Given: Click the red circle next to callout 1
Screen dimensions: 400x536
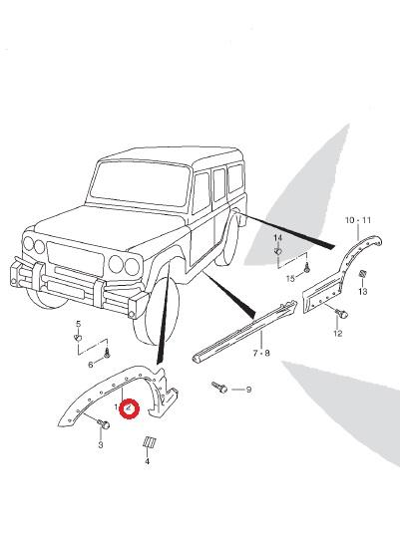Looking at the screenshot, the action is click(x=130, y=408).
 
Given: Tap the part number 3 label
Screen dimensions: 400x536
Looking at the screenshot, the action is click(x=101, y=444).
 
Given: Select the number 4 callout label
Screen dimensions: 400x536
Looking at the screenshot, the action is click(x=148, y=461).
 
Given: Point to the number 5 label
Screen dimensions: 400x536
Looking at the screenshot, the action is click(x=79, y=324).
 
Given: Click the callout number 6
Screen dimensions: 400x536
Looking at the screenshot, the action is click(x=91, y=365).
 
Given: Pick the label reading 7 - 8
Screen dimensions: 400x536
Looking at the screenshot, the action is click(x=261, y=353).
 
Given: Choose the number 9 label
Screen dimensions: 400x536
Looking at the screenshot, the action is click(x=248, y=390).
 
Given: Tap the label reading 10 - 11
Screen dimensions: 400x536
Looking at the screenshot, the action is click(x=358, y=220).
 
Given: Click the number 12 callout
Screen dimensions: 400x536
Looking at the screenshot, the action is click(x=338, y=334).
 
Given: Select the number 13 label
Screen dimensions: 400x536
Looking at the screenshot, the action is click(x=363, y=291).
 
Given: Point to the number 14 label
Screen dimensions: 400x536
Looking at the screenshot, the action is click(x=278, y=237).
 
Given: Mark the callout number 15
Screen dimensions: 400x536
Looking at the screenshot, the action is click(x=290, y=279).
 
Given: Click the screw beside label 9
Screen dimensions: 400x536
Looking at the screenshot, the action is click(x=219, y=388).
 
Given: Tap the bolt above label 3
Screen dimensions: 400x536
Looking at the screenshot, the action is click(x=104, y=424).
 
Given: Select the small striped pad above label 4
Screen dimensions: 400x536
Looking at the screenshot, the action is click(x=149, y=442).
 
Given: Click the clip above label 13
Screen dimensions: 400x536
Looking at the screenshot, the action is click(x=362, y=274).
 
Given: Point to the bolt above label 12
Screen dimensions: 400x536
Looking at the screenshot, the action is click(x=341, y=313).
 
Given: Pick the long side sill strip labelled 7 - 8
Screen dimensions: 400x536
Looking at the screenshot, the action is click(x=244, y=331).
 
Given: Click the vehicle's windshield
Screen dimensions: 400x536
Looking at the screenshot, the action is click(x=140, y=184).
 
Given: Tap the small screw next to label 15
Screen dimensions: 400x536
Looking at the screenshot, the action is click(x=307, y=267).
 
